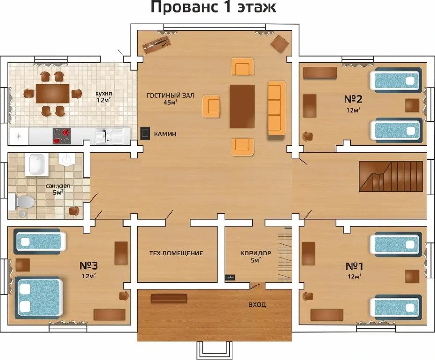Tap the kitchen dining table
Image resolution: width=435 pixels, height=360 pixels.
(x=52, y=93)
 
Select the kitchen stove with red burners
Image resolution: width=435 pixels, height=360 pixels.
(x=61, y=136)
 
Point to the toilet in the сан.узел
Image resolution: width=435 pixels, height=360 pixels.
(x=22, y=202)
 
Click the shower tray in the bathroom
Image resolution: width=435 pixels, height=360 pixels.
(x=37, y=165)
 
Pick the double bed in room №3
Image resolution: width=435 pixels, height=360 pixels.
(x=39, y=297)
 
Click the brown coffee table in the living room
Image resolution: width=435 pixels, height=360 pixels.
(x=242, y=106)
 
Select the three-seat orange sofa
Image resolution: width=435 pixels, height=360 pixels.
(x=277, y=108)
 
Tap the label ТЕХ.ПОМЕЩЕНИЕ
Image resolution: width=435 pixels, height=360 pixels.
(x=176, y=253)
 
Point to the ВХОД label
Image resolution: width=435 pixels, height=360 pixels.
(x=257, y=305)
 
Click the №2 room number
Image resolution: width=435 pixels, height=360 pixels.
(x=353, y=99)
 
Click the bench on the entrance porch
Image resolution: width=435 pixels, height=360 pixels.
(x=169, y=299)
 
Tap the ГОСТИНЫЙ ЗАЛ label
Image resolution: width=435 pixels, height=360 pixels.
(x=170, y=96)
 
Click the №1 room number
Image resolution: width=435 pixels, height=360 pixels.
(x=354, y=266)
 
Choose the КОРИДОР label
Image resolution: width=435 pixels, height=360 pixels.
(x=256, y=253)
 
